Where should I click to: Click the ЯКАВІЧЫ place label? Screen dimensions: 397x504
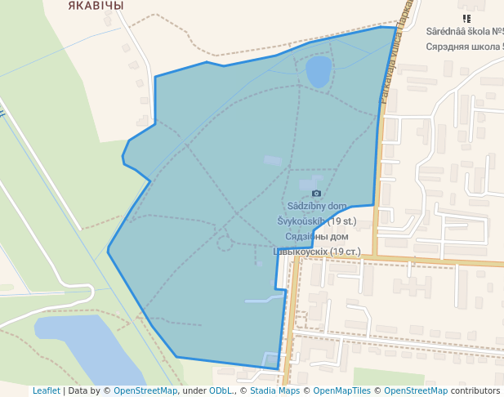pos(96,6)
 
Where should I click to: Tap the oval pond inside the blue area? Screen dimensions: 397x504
pos(319,71)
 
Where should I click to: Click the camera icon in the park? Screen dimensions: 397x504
pos(317,193)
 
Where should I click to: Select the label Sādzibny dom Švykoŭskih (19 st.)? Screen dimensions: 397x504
pos(316,212)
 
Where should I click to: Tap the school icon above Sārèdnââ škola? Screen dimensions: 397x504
pos(466,18)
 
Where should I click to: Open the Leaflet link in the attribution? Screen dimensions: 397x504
pos(46,391)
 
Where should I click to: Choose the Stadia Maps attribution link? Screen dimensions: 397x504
pos(274,391)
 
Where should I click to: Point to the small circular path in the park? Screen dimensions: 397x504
pos(224,243)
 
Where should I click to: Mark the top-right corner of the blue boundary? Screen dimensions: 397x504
pos(396,28)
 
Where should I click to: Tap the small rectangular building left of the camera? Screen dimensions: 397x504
pos(272,161)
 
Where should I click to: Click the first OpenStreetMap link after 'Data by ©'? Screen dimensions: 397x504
pos(145,391)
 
